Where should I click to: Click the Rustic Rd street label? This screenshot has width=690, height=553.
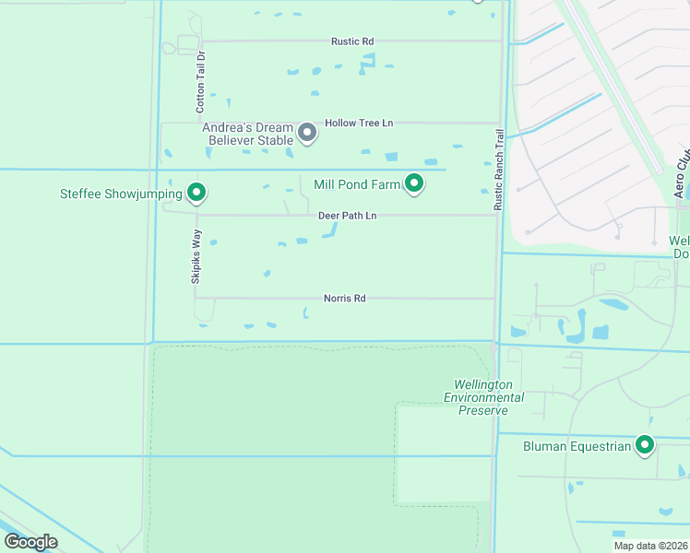tap(352, 41)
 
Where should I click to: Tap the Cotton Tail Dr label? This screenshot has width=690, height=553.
tap(200, 83)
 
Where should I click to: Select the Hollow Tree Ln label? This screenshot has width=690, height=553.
tap(359, 123)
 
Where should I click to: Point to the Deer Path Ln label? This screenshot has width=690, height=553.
tap(348, 216)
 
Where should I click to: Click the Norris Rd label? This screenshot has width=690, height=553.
tap(345, 299)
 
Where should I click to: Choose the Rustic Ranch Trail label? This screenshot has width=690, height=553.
tap(499, 169)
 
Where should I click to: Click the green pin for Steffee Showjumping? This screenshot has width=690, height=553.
tap(196, 192)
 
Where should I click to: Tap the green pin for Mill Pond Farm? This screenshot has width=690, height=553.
tap(415, 183)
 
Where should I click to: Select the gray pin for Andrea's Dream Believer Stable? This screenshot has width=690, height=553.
tap(308, 134)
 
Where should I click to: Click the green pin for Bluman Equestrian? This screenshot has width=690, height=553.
tap(645, 445)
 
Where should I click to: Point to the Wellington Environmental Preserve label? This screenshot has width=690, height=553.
tap(483, 397)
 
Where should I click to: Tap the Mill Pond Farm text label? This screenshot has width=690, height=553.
tap(357, 184)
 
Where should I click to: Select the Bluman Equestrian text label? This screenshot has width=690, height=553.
tap(565, 447)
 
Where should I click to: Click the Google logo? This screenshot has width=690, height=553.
tap(30, 542)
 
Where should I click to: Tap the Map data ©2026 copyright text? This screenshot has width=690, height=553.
tap(650, 546)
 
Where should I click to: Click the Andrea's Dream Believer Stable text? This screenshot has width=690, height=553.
tap(248, 134)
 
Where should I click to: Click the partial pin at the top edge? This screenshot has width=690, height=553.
tap(477, 1)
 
